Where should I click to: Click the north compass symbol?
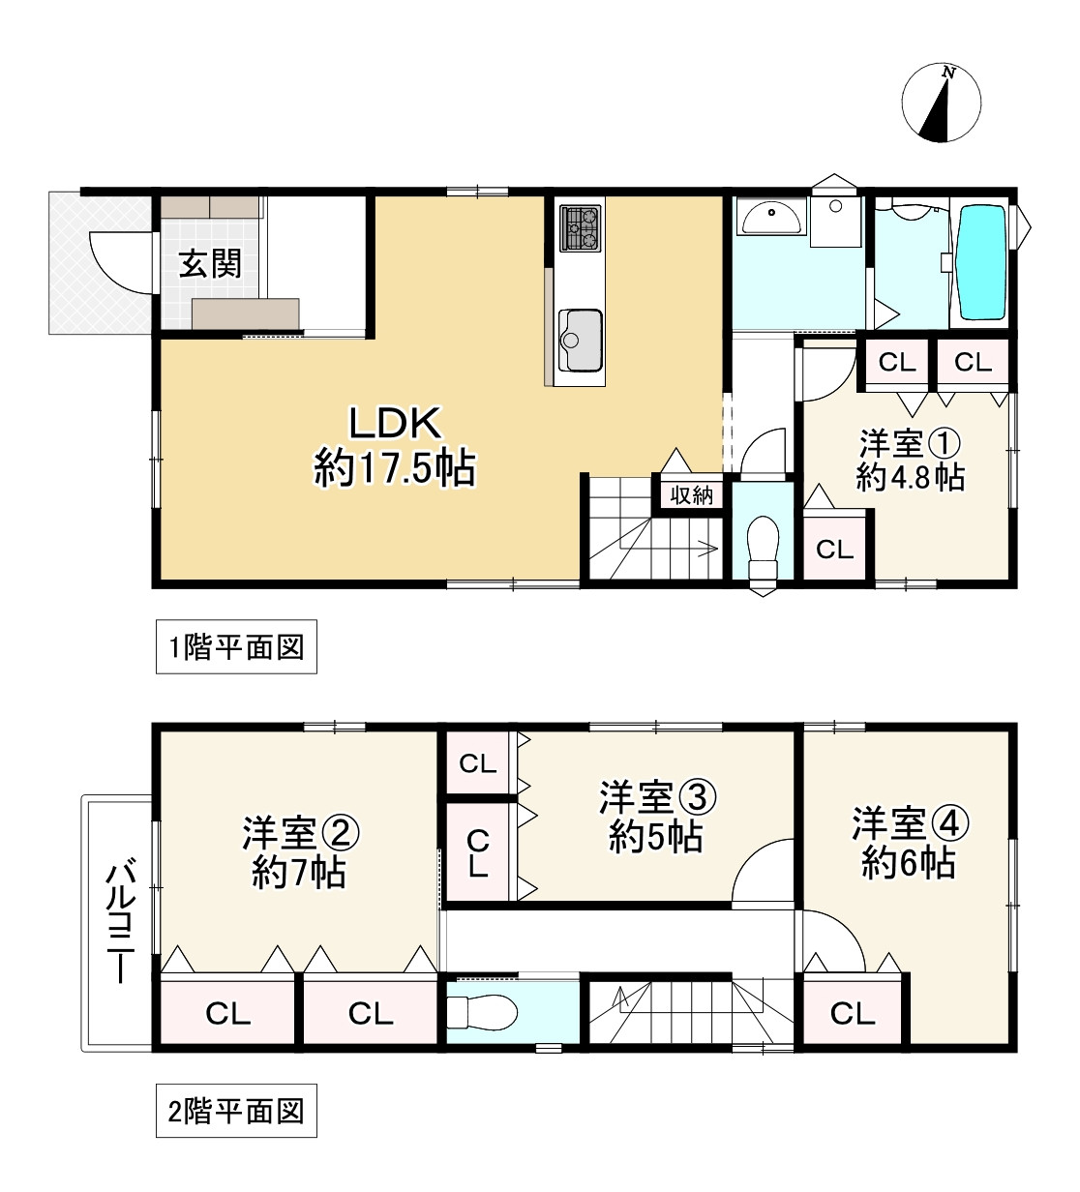pos(941,104)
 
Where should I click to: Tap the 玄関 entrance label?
pos(210,263)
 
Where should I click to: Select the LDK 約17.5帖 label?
pos(394,446)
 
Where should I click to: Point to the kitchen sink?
pos(579,339)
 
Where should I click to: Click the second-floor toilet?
pos(483,1012)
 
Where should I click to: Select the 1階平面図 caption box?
pos(236,647)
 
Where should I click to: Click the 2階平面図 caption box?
pos(236,1111)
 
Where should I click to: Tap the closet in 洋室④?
pos(852,1013)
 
